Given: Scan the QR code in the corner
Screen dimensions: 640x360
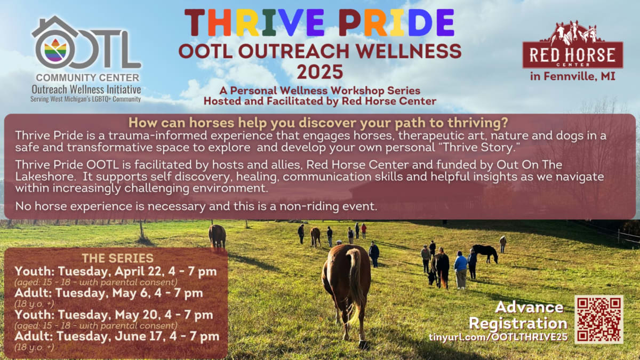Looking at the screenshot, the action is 599,319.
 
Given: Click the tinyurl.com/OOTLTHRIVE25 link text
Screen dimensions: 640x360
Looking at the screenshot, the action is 498,337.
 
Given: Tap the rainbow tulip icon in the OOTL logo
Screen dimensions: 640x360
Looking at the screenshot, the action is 55,50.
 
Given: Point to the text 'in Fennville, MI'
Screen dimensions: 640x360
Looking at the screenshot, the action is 573,76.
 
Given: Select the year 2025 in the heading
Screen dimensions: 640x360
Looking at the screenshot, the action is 320,71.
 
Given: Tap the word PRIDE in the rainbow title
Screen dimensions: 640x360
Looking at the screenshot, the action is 396,23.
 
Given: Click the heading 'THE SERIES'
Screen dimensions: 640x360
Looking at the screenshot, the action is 118,258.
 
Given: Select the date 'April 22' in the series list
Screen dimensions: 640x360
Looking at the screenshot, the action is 139,271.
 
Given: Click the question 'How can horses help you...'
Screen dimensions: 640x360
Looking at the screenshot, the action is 318,123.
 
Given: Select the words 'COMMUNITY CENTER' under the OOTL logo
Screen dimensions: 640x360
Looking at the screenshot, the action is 87,77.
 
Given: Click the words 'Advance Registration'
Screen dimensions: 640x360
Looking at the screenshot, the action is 518,315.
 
